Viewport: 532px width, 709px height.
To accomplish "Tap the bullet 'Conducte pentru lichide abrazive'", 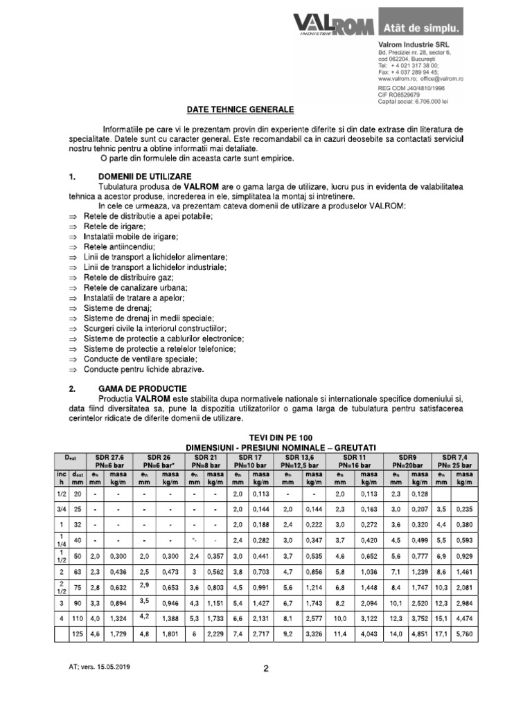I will point(144,370).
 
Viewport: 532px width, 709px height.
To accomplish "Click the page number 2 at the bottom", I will point(266,669).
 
